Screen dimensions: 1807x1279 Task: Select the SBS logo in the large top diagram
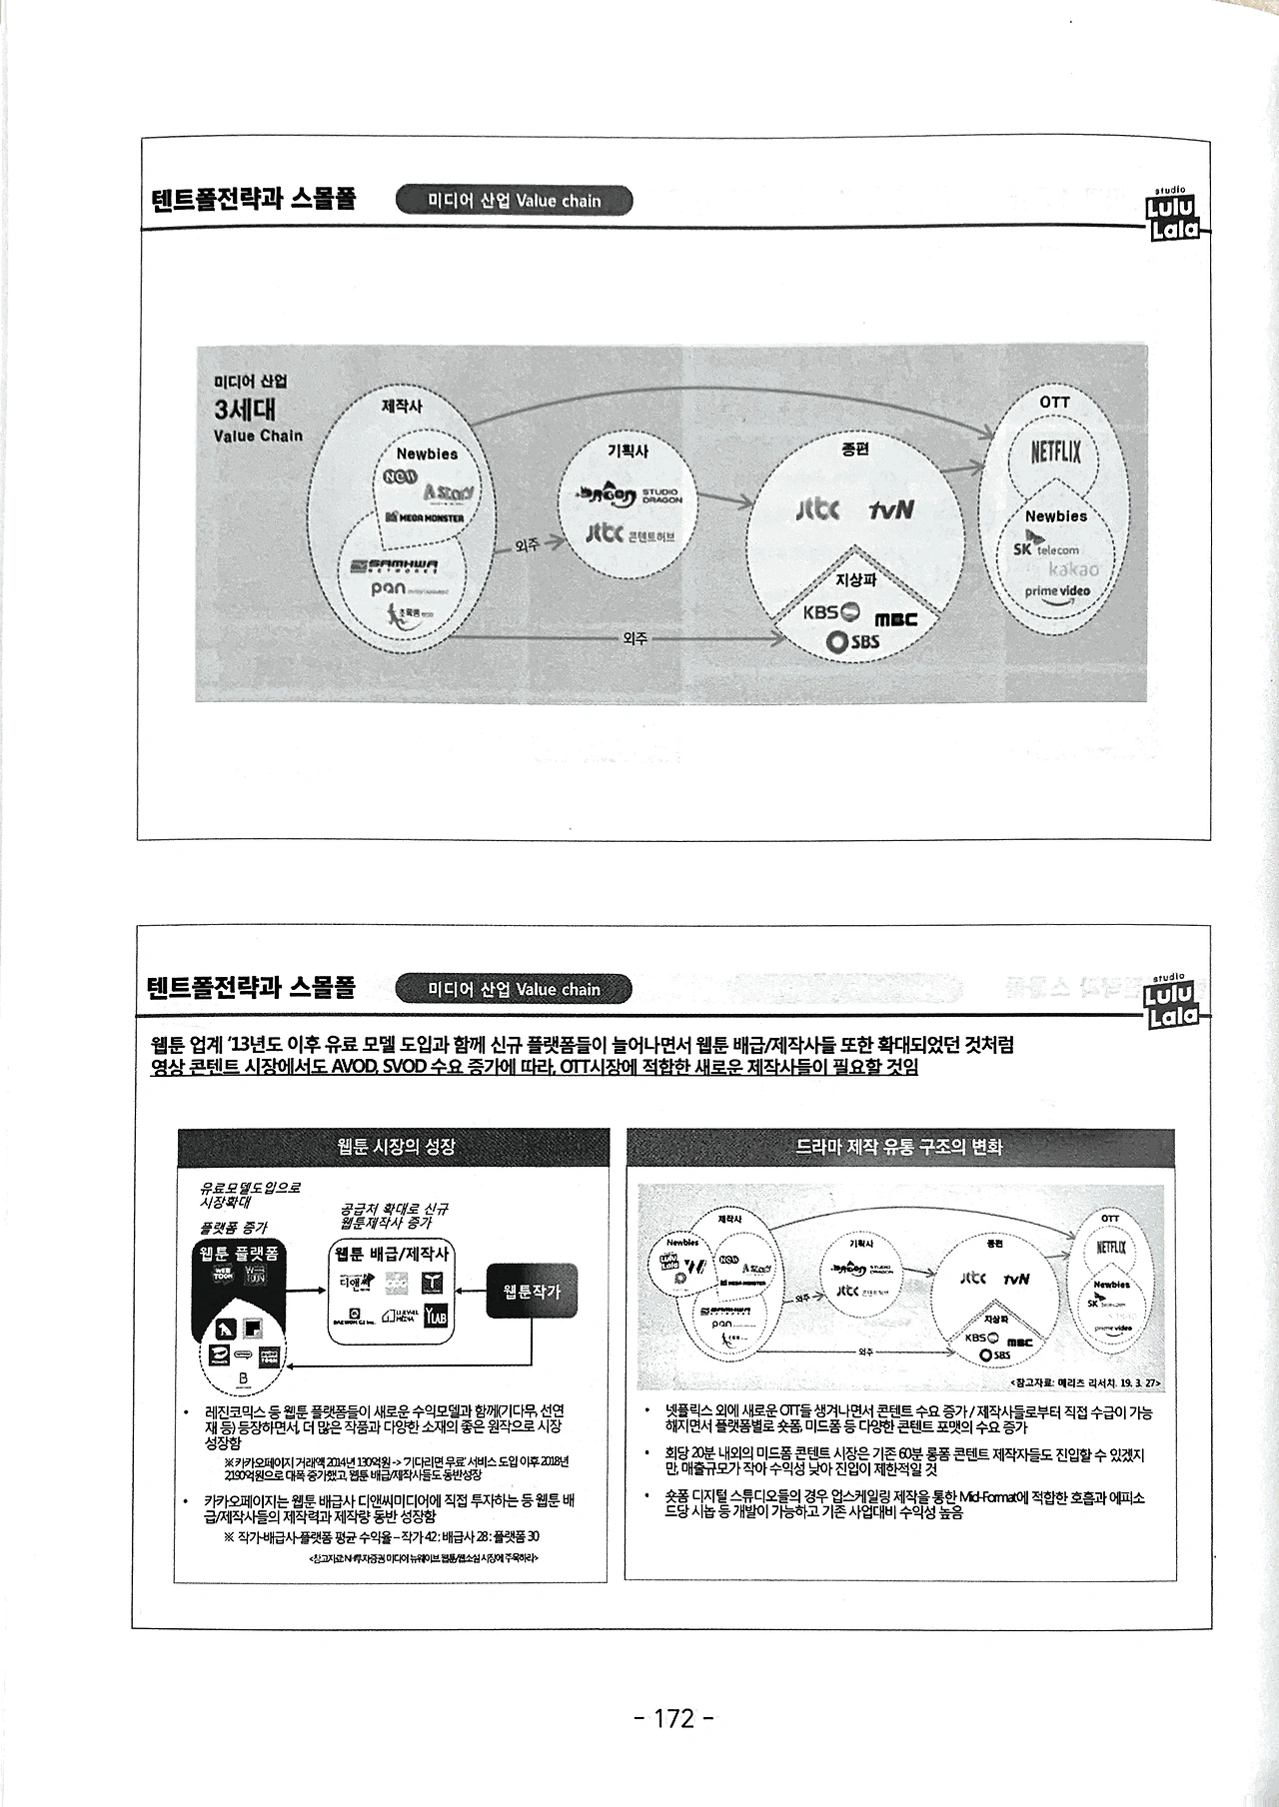[853, 641]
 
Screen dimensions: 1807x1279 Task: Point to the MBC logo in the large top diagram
[895, 619]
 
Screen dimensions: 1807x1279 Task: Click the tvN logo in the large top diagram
[890, 509]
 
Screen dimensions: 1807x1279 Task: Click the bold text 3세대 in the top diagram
[245, 409]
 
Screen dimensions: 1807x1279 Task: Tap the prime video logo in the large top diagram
[1057, 591]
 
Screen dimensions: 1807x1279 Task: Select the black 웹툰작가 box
[532, 1292]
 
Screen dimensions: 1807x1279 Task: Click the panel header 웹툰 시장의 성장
[397, 1147]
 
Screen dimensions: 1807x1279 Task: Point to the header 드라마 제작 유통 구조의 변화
[898, 1147]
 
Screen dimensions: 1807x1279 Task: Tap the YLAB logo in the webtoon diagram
[436, 1318]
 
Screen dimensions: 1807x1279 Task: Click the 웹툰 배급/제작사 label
[392, 1254]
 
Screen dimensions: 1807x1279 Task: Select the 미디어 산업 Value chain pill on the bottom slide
[514, 989]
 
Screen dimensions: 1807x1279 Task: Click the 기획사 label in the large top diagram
[628, 451]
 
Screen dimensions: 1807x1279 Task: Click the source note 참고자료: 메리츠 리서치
[1084, 1382]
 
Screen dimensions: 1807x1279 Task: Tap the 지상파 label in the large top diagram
[855, 579]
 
